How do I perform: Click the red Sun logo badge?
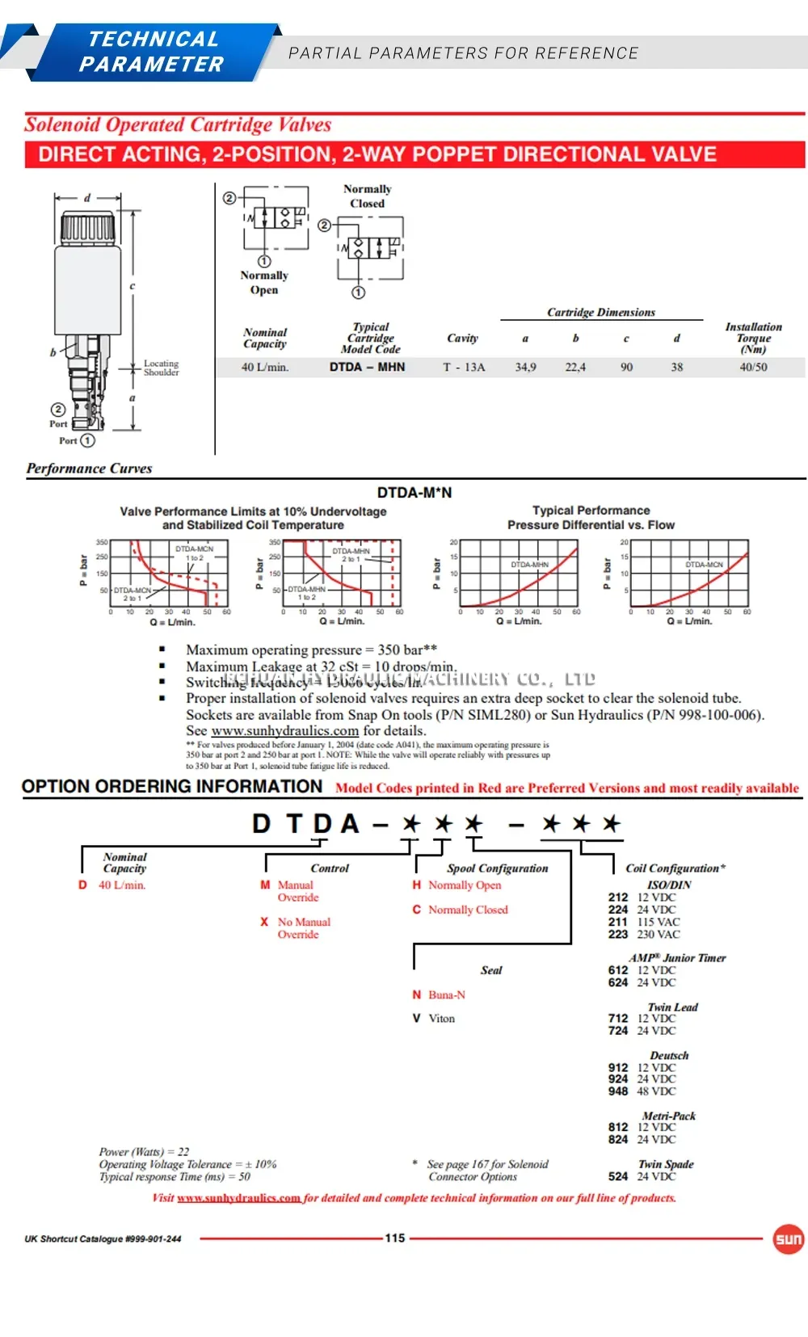(x=789, y=1238)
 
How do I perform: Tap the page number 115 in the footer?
(x=394, y=1238)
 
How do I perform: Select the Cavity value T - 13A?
(x=464, y=367)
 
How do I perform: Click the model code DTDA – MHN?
(x=367, y=367)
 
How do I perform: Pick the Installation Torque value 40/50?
(x=753, y=367)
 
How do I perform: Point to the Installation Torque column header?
(x=753, y=338)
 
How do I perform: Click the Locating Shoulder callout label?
(x=161, y=368)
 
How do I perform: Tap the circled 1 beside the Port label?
(x=87, y=440)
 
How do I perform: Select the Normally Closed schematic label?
(x=367, y=196)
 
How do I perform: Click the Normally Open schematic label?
(x=263, y=282)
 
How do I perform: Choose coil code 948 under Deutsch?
(x=618, y=1091)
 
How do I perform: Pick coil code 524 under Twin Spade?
(x=618, y=1176)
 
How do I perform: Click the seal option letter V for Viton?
(x=416, y=1018)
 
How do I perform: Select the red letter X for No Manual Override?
(x=264, y=922)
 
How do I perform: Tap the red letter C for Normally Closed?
(x=416, y=910)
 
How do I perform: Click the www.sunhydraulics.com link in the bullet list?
(x=284, y=730)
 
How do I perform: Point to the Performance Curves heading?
(x=89, y=469)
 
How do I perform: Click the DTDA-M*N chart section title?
(x=415, y=492)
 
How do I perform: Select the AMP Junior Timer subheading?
(x=677, y=958)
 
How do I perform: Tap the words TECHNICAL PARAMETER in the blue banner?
(x=152, y=52)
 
